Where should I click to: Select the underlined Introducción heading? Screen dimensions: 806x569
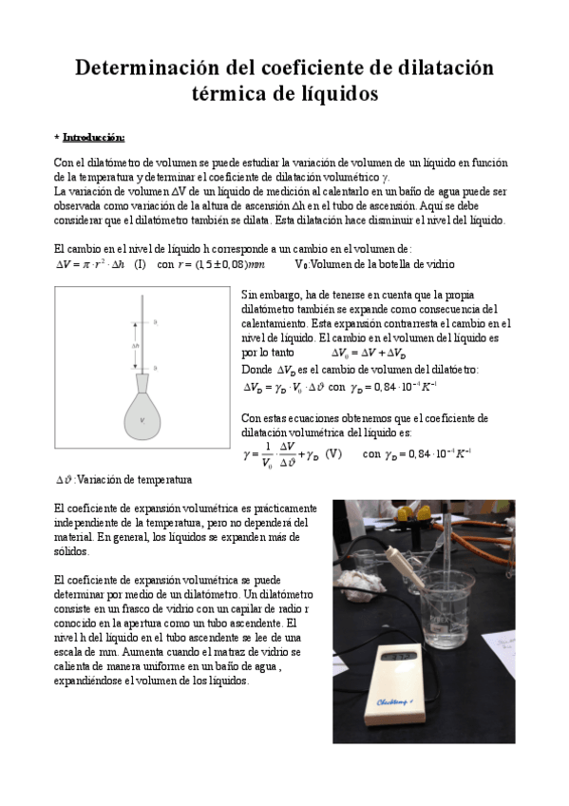[x=93, y=137]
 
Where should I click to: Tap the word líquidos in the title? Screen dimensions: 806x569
[x=338, y=94]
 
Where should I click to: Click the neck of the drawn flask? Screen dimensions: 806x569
[x=142, y=379]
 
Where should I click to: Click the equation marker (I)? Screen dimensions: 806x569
[x=140, y=264]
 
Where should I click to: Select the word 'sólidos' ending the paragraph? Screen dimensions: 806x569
[x=71, y=551]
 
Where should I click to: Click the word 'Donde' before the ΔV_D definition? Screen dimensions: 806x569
[x=256, y=369]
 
